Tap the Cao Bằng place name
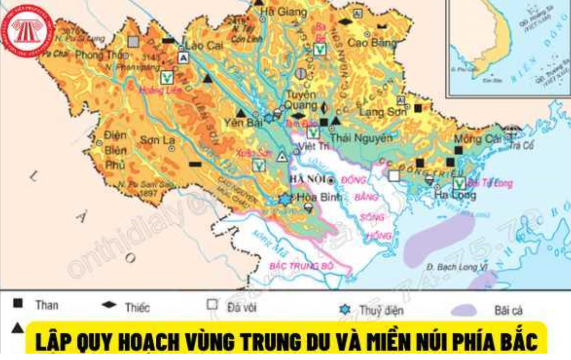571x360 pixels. (371, 43)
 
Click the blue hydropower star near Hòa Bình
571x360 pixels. (285, 199)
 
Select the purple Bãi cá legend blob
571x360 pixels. (463, 310)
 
